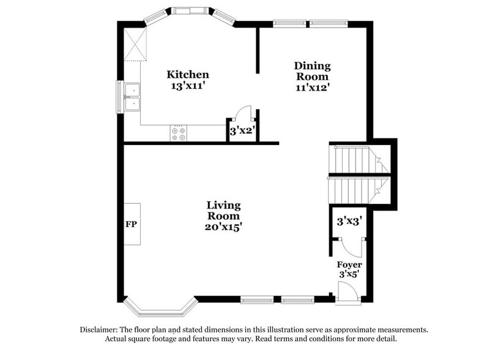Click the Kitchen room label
(x=188, y=75)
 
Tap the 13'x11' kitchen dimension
(x=188, y=86)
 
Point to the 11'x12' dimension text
(x=312, y=87)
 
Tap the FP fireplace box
(x=132, y=224)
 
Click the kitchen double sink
(x=132, y=97)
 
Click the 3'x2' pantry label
(x=242, y=130)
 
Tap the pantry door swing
(x=244, y=113)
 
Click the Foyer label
(x=349, y=264)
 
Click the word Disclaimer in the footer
(x=102, y=329)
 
